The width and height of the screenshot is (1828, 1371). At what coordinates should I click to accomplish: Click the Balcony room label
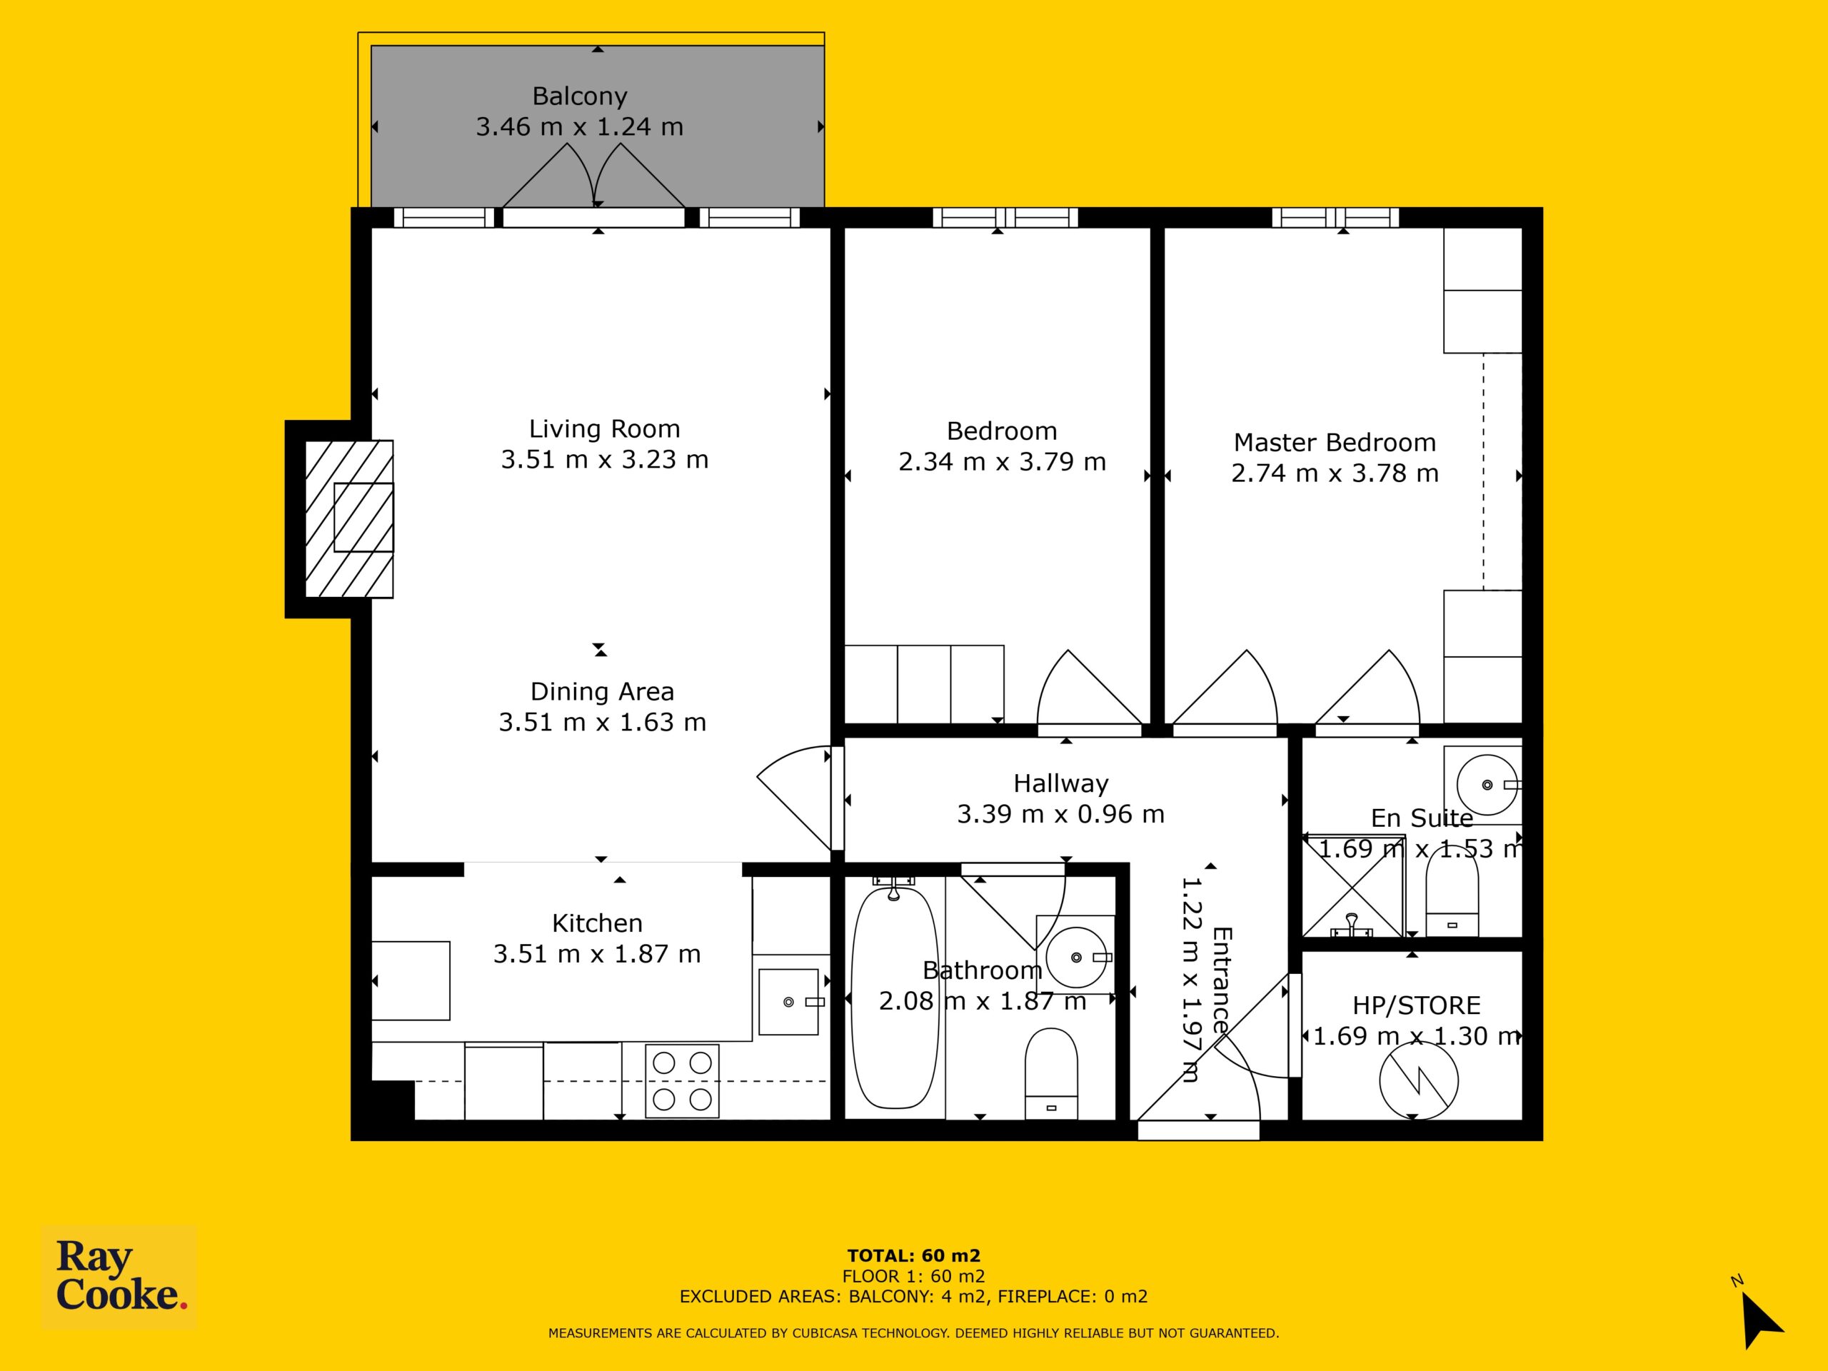(579, 96)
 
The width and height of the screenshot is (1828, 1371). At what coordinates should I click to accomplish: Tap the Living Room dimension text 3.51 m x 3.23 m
(604, 458)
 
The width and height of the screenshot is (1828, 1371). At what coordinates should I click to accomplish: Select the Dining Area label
(602, 691)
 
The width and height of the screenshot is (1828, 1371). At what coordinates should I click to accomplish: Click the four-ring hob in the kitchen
(682, 1081)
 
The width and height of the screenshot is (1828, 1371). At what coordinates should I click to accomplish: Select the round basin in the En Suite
(1487, 785)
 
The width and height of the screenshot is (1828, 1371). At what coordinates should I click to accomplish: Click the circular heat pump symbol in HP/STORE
(1418, 1080)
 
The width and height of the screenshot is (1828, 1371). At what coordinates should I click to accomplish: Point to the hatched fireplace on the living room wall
(348, 518)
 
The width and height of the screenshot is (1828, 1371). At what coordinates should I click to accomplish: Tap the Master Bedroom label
(1335, 442)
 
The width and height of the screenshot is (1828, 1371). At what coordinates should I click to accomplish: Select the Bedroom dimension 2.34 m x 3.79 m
(1002, 461)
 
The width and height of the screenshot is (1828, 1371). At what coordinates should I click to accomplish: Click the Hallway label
(1060, 783)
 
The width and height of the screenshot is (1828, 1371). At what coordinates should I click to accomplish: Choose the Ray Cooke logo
(119, 1277)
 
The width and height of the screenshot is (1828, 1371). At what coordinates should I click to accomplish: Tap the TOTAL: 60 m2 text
(913, 1257)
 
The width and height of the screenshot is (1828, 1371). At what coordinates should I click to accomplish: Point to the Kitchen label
(597, 923)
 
